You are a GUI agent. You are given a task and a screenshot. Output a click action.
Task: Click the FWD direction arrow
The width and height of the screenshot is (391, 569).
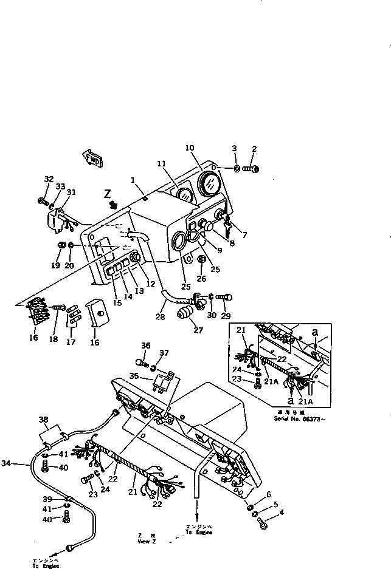click(x=92, y=159)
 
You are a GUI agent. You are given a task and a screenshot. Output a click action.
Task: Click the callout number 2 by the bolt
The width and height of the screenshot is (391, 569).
click(x=254, y=148)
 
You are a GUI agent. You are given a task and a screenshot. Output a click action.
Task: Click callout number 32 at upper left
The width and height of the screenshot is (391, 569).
click(x=49, y=179)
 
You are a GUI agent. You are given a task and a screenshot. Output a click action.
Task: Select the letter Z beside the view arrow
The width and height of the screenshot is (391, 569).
click(x=107, y=194)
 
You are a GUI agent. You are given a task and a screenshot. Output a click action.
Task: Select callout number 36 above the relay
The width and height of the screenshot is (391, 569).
click(x=145, y=346)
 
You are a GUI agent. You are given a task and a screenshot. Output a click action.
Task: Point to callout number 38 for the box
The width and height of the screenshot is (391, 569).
click(x=43, y=419)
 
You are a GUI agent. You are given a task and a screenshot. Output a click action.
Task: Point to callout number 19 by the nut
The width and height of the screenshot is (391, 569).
click(x=55, y=265)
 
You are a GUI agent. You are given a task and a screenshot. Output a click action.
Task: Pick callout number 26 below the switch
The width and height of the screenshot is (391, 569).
click(x=201, y=279)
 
